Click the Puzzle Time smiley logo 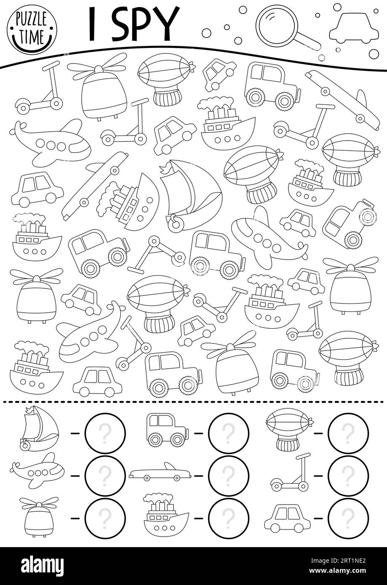click(x=32, y=29)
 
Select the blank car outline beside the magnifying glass click(x=348, y=28)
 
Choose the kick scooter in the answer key click(x=291, y=474)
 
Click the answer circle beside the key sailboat click(x=105, y=433)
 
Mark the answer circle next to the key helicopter click(x=105, y=518)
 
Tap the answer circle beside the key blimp click(x=348, y=433)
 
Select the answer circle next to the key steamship click(x=228, y=518)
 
